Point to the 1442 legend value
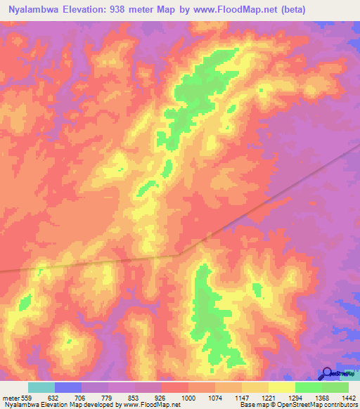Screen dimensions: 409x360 coord(347,398)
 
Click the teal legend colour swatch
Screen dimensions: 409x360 coord(41,387)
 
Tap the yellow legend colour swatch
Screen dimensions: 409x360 coord(282,387)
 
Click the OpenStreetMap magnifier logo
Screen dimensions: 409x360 coord(326,375)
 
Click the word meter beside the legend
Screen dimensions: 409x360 coord(11,398)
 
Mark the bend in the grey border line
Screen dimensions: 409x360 coord(184,252)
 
